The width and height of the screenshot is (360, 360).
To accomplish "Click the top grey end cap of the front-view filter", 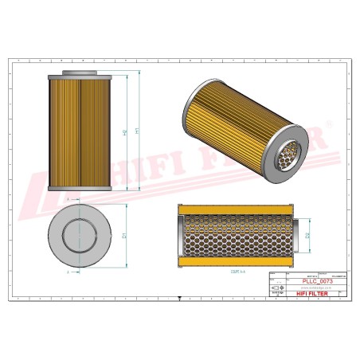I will tap(79, 74).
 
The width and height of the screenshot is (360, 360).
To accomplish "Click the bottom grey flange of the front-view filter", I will tap(79, 189).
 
